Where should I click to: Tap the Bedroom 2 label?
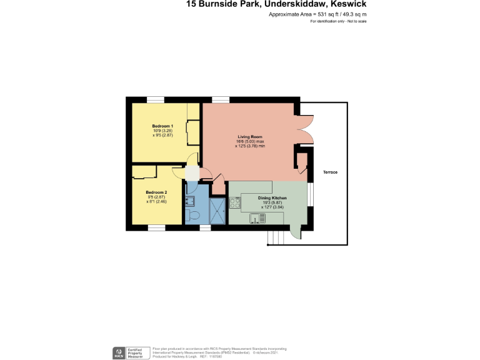pyautogui.click(x=156, y=192)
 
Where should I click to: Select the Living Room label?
pyautogui.click(x=248, y=136)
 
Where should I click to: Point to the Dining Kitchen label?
pyautogui.click(x=272, y=197)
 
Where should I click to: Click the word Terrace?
pyautogui.click(x=330, y=172)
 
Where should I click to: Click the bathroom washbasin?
pyautogui.click(x=191, y=200)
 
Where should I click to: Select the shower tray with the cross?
pyautogui.click(x=218, y=209)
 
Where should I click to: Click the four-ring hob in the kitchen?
pyautogui.click(x=235, y=202)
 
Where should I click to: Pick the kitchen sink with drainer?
pyautogui.click(x=257, y=217)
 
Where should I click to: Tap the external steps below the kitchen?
pyautogui.click(x=274, y=238)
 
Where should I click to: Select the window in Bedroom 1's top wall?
pyautogui.click(x=156, y=99)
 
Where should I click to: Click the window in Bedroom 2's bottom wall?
pyautogui.click(x=156, y=227)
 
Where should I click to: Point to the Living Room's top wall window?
pyautogui.click(x=220, y=99)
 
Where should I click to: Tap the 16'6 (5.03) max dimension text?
pyautogui.click(x=247, y=141)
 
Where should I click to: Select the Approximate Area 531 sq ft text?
pyautogui.click(x=317, y=14)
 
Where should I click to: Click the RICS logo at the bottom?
pyautogui.click(x=118, y=352)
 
